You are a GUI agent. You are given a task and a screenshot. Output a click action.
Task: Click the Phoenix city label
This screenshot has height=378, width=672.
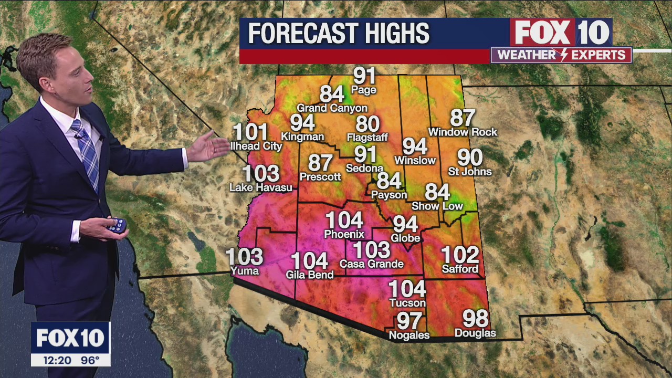(344, 234)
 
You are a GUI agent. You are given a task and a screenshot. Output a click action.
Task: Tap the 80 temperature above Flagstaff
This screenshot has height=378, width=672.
(367, 124)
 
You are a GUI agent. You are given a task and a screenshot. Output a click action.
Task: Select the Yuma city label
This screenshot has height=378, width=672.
(245, 271)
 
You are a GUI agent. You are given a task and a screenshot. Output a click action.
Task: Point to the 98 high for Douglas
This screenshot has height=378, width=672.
(475, 319)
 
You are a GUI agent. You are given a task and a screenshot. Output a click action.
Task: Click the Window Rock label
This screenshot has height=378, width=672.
(463, 132)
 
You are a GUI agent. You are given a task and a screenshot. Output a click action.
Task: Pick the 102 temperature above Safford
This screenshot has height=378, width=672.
(460, 255)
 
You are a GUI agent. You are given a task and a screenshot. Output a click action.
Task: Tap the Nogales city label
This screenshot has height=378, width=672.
(409, 335)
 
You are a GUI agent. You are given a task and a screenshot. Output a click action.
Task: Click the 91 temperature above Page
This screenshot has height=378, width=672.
(364, 76)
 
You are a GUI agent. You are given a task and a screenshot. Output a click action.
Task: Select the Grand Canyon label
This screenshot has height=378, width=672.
(332, 108)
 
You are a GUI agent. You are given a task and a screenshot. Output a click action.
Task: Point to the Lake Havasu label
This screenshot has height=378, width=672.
(261, 187)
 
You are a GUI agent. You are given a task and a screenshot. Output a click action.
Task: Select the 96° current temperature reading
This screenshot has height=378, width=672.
(90, 361)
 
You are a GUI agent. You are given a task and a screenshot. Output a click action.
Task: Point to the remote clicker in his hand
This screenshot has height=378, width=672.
(117, 226)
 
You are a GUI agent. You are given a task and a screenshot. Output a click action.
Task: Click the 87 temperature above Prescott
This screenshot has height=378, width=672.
(320, 163)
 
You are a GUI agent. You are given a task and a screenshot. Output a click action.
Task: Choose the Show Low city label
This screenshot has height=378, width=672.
(437, 206)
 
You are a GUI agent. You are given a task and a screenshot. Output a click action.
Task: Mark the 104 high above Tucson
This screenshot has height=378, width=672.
(407, 289)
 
